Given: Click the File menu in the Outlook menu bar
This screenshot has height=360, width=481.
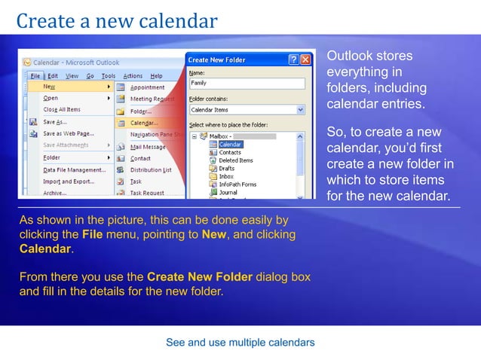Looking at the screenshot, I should [35, 76].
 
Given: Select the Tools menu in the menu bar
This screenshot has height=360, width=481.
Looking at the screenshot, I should [109, 76].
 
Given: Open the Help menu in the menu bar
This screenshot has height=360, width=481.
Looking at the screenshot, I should [156, 76].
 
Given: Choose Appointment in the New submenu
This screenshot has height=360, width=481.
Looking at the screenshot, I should [148, 87].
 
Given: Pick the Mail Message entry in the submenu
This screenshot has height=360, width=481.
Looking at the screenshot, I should [148, 147].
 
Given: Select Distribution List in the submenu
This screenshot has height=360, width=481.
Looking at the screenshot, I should [151, 169].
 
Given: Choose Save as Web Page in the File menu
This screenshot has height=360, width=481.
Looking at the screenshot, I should [68, 133].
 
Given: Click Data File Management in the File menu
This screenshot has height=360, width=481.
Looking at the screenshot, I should [75, 169].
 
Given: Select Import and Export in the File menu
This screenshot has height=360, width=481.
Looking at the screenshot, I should [67, 182].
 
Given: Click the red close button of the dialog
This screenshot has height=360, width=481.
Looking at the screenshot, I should [305, 59].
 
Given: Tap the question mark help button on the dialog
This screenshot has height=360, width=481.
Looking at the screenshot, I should [293, 59].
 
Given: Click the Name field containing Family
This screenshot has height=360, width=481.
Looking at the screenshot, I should [247, 83].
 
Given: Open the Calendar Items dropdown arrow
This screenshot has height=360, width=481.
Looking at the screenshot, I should [300, 109].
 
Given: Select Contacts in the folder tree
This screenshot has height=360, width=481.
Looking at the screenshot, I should [230, 152].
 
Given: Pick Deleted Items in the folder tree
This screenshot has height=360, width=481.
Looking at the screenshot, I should [235, 160].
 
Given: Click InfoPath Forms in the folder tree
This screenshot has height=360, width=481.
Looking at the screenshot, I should [237, 185].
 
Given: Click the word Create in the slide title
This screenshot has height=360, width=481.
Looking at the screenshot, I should [44, 20].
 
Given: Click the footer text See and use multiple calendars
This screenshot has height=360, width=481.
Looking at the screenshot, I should [240, 343].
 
